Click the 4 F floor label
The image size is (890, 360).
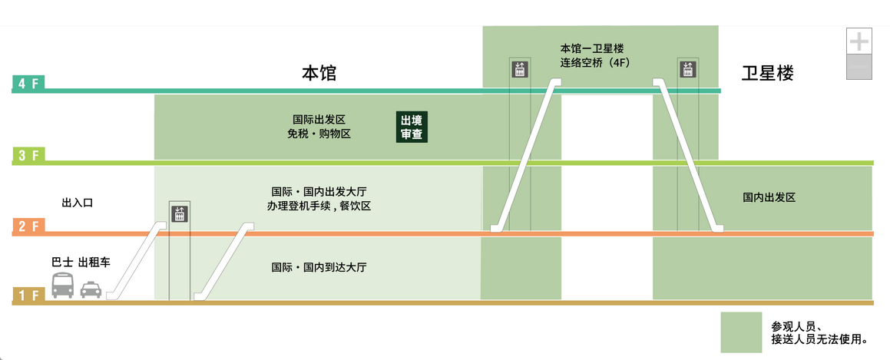pos(28,84)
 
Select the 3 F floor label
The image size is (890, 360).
pos(28,156)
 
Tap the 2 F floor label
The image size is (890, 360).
pos(28,226)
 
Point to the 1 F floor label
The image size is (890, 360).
pos(28,296)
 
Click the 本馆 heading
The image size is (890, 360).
pos(319,74)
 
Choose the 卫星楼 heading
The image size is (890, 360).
pos(767,74)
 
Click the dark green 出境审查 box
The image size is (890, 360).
pos(412,127)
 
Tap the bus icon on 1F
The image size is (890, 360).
pos(63,286)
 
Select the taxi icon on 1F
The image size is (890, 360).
pos(91,289)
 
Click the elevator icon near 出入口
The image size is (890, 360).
pos(180,213)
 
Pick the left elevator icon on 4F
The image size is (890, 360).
pos(520,68)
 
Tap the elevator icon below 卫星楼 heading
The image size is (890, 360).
pos(687,68)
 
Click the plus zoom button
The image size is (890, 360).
pos(859,41)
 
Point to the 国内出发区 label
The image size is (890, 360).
pos(768,197)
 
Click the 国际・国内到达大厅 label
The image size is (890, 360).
pos(319,268)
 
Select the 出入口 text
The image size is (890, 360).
pos(77,203)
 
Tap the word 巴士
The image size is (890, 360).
pos(62,262)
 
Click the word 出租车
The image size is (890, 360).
pos(94,262)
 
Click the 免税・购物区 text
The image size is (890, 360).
pos(319,134)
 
